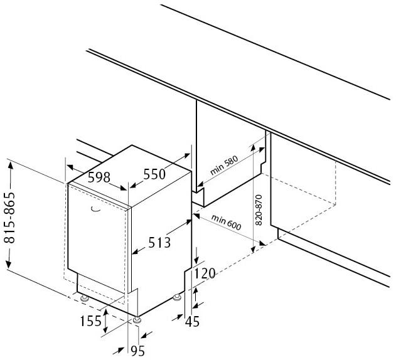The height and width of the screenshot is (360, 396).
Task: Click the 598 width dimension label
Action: coord(99,177)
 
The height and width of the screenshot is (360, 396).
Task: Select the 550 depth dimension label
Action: coord(154,174)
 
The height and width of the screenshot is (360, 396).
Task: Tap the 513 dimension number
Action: coord(159,243)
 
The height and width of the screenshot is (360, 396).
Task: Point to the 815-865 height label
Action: coord(9,217)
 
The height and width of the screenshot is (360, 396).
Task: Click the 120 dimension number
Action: coord(205,273)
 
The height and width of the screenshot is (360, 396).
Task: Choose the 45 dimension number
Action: coord(193,322)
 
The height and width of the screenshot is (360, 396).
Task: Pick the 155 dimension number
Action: coord(90,321)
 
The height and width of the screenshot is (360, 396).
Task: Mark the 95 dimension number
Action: coord(137,351)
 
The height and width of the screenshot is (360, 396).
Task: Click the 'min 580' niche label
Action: coord(224,166)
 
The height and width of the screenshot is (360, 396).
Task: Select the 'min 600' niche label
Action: coord(227,223)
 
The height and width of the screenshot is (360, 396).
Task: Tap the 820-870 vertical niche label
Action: coord(259,209)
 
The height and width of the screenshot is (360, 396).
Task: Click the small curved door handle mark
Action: coord(95,208)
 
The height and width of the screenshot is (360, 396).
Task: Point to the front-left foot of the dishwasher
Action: coord(84,299)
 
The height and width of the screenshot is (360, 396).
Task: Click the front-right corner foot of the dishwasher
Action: coord(137,320)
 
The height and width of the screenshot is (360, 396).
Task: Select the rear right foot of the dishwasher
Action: coord(176,297)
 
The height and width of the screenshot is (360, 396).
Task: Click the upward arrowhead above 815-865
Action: coord(10,166)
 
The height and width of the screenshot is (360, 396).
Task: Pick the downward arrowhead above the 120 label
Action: coord(196,260)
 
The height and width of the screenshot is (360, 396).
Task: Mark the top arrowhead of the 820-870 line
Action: coord(253,147)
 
